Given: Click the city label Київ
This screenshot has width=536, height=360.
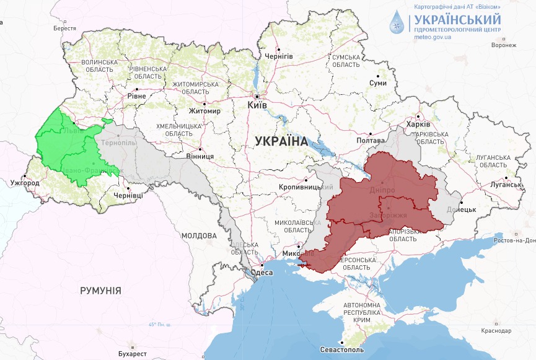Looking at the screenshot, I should (x=257, y=105).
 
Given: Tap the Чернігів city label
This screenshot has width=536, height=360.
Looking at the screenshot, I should (x=279, y=56).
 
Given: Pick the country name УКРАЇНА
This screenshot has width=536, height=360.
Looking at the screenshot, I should (x=281, y=141).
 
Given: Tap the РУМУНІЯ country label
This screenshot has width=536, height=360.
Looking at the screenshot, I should (x=100, y=290).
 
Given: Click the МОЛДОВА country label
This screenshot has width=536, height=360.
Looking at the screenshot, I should (x=199, y=235).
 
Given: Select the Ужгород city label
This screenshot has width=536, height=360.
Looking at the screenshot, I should (x=25, y=183).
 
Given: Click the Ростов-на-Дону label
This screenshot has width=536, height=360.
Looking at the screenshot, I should (x=515, y=240).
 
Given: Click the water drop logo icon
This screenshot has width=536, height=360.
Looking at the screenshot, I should (x=396, y=23).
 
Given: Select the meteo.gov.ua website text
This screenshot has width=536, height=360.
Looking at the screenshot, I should (x=433, y=37).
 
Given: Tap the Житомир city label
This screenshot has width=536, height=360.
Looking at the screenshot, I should (x=205, y=112).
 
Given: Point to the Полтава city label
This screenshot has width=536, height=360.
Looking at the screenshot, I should (x=369, y=141).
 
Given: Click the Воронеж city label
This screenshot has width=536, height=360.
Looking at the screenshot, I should (x=503, y=45).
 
